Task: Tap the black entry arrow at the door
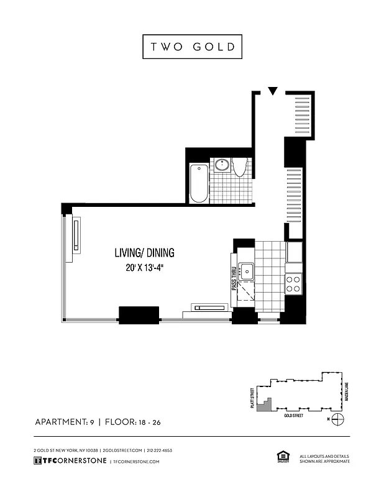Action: click(272, 92)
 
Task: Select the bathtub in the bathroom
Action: click(199, 183)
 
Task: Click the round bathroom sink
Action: click(222, 165)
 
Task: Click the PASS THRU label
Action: click(234, 280)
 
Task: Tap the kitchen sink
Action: click(247, 271)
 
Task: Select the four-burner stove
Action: click(293, 284)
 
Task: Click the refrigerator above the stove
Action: click(293, 252)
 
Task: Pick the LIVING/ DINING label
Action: click(144, 253)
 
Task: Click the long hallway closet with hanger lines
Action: click(294, 195)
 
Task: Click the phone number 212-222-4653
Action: click(160, 450)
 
